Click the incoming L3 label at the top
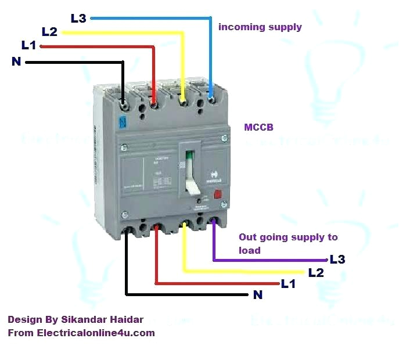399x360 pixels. [78, 18]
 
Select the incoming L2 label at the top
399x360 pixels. [49, 31]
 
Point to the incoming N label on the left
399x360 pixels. [16, 61]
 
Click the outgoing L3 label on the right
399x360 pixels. [337, 260]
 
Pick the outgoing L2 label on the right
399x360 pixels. [316, 272]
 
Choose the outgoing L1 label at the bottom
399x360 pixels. [288, 284]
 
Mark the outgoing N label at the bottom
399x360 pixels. [258, 295]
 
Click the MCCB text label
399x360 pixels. [258, 127]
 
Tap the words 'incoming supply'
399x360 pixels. [260, 27]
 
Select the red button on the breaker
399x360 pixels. [218, 195]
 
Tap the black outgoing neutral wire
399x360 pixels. [174, 294]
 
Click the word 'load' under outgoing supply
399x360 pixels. [250, 250]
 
